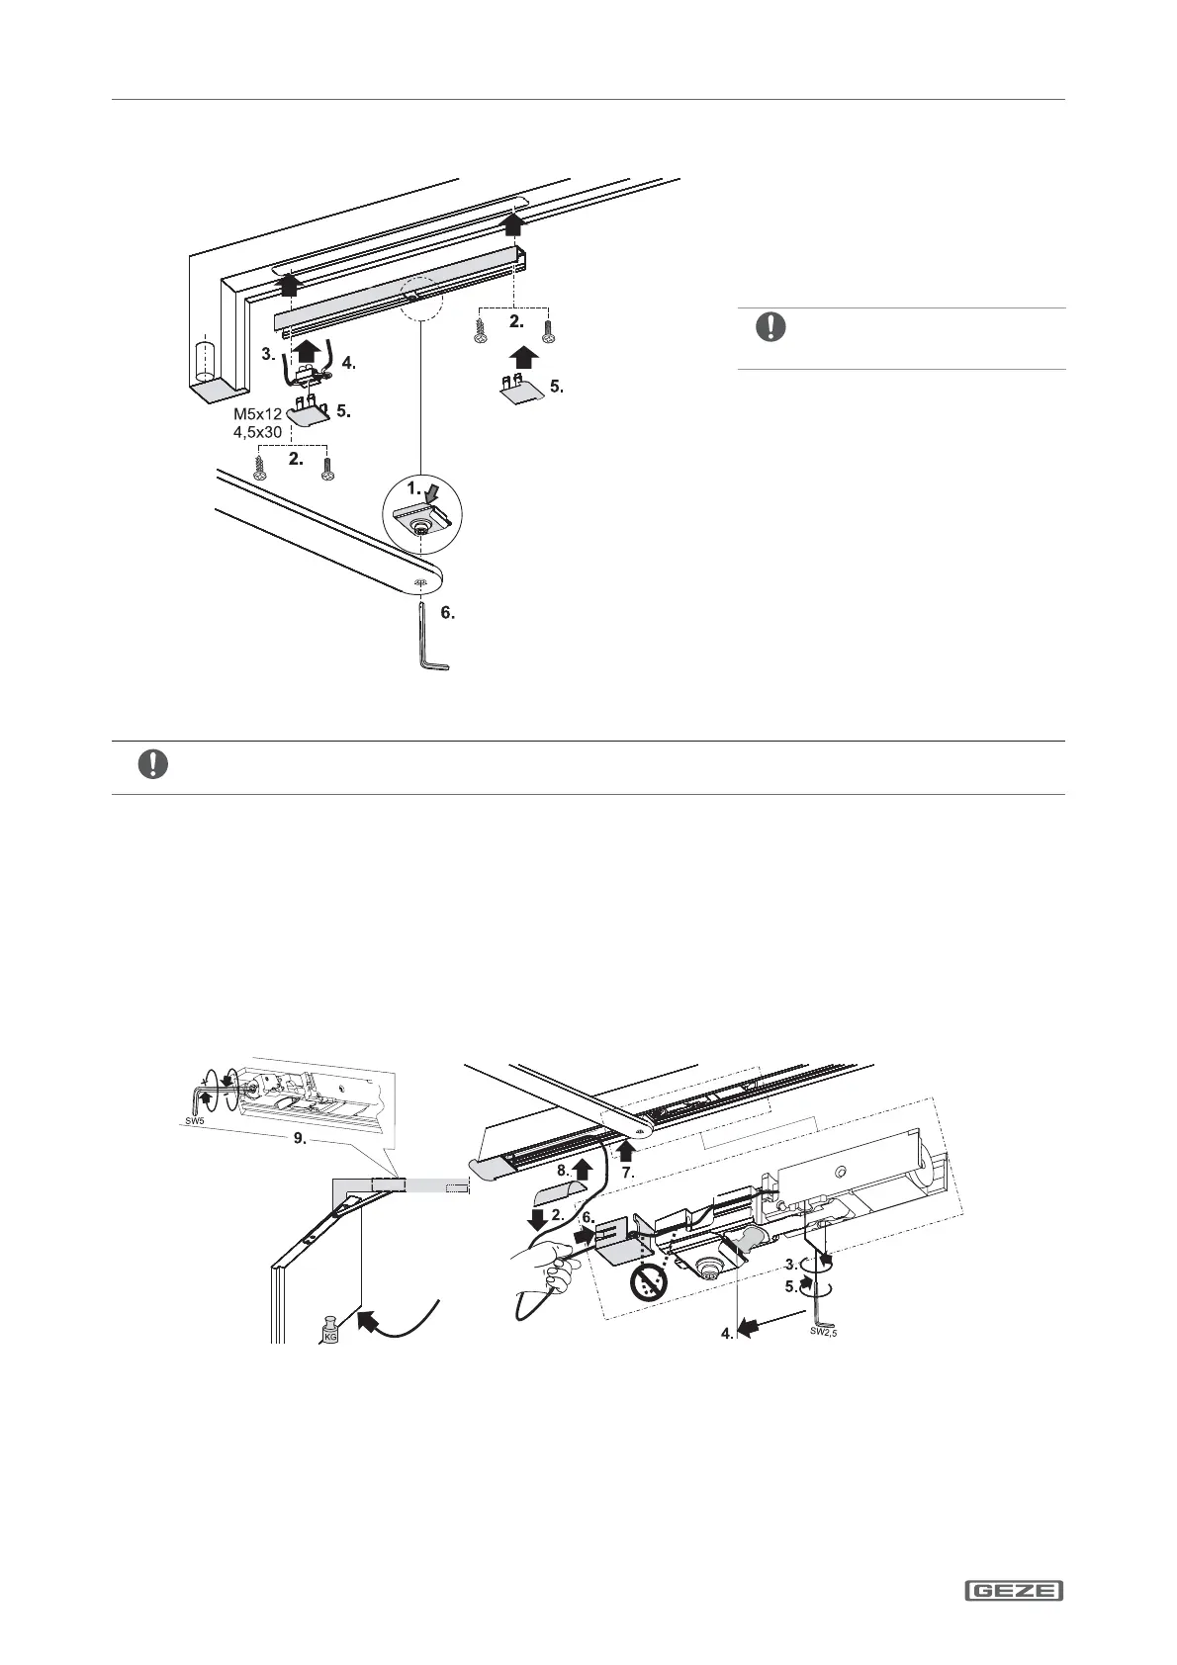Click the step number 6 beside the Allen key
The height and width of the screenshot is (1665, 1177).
447,614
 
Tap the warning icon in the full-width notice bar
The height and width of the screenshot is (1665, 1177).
153,765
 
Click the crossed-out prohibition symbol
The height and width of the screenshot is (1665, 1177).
649,1282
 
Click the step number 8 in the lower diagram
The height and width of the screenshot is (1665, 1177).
563,1170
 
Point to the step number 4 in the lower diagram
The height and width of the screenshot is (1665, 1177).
727,1334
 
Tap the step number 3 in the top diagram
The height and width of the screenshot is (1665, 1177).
268,353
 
